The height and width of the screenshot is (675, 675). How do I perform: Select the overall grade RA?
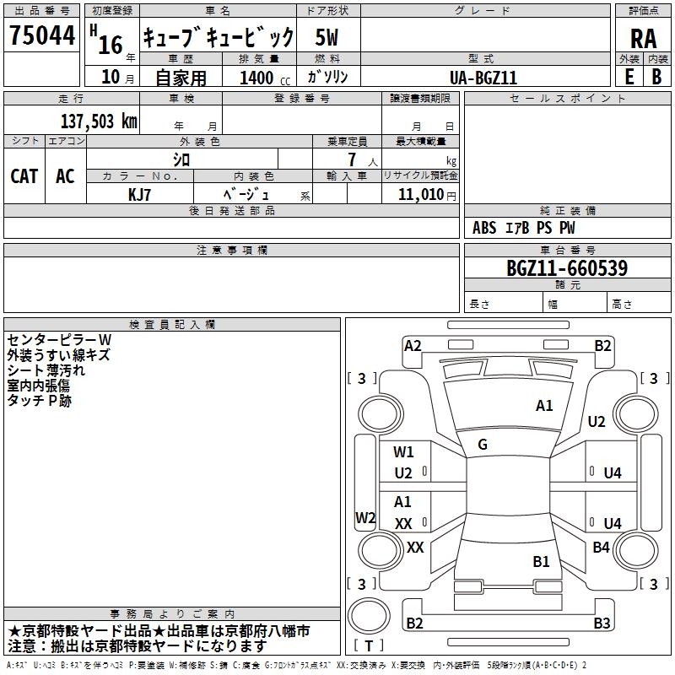(x=643, y=39)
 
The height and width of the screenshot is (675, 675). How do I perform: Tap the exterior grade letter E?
(x=629, y=77)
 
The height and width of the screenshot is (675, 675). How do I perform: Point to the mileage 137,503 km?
(x=99, y=121)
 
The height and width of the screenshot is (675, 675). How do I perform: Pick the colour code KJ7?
(x=141, y=193)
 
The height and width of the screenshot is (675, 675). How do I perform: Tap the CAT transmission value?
(x=24, y=175)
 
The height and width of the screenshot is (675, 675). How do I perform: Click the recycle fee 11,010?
(x=420, y=193)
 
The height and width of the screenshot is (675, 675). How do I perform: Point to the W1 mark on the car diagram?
(x=403, y=452)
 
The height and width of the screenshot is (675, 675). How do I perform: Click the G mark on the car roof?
(x=482, y=445)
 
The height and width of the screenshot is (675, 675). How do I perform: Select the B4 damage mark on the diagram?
(x=601, y=548)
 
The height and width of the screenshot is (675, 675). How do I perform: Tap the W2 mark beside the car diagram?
(x=365, y=518)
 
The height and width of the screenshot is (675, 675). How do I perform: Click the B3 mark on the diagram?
(x=602, y=624)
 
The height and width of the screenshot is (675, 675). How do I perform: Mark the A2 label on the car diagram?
(x=413, y=345)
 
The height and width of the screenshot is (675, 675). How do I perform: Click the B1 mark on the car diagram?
(x=541, y=561)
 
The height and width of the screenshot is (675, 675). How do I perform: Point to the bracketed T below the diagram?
(x=369, y=646)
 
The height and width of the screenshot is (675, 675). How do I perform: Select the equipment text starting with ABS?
(x=524, y=228)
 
